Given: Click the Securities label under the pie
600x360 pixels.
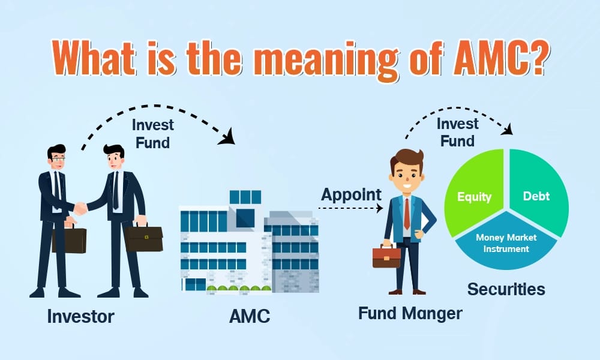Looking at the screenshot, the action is (x=506, y=289).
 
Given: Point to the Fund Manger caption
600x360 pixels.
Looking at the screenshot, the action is (x=410, y=313).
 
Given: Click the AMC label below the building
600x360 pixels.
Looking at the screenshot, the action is (x=250, y=316).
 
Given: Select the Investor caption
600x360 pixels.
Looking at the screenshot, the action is (x=81, y=316).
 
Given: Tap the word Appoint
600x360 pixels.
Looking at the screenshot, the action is (x=351, y=195).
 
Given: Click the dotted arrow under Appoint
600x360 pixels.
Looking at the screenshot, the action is (x=350, y=208).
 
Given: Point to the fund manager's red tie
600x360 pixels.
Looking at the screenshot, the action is (x=407, y=214).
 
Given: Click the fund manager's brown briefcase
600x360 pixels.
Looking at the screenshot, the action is (x=386, y=257).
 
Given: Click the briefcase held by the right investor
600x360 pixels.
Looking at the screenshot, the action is (x=144, y=238).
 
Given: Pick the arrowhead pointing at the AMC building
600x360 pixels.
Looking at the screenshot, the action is (x=227, y=137).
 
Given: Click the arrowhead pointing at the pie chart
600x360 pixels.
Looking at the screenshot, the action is (x=508, y=130).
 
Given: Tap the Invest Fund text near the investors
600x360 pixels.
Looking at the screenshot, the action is (x=152, y=134).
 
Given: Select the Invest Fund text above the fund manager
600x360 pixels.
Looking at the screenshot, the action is (x=458, y=133).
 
